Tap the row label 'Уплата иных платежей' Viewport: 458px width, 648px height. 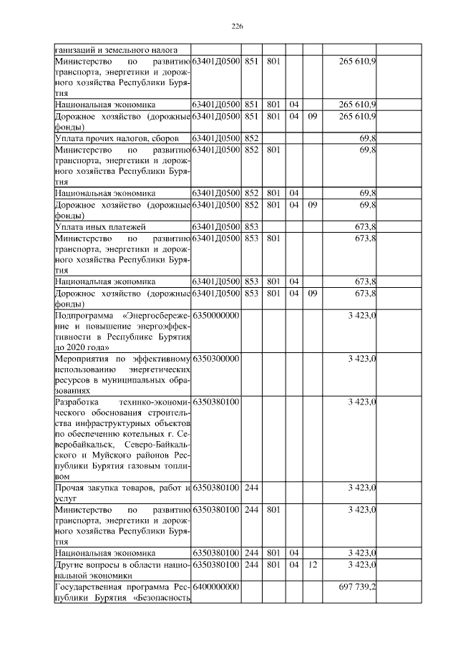click(100, 226)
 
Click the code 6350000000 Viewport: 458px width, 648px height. click(215, 316)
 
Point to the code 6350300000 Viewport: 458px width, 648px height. click(215, 357)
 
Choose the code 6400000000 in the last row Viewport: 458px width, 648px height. click(215, 586)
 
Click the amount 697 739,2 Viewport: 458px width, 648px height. click(356, 586)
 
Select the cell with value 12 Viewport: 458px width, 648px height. click(311, 566)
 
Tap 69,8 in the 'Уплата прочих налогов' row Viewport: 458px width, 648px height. click(368, 136)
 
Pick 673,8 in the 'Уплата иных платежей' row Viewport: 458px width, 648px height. click(365, 226)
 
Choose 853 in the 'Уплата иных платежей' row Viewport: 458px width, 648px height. click(251, 226)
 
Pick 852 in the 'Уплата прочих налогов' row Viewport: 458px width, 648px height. click(251, 136)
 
